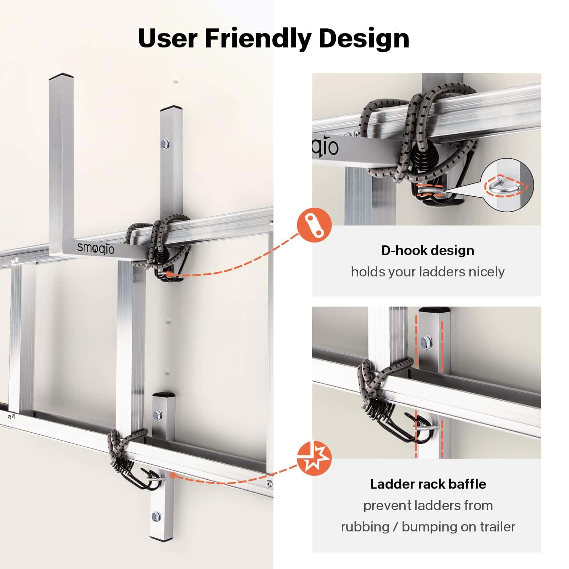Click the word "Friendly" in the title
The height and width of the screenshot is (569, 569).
258,38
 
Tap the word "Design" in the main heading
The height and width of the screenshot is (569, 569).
364,38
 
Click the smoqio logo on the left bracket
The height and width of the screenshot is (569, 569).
96,248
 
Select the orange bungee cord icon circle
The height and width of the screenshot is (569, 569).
314,226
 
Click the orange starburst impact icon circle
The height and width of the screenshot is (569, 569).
314,459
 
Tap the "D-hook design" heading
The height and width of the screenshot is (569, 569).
428,250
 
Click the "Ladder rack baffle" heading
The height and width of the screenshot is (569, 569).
428,484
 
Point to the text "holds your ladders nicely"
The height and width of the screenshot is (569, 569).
428,272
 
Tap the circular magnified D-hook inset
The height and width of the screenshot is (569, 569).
507,185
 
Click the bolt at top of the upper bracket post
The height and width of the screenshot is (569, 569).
165,144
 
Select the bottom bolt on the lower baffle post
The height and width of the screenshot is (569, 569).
156,516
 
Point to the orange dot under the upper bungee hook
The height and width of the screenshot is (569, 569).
170,274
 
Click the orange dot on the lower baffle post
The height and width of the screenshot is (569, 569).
172,475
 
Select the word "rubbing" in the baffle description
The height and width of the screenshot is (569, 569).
365,527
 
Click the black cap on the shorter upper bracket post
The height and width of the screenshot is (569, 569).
171,107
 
